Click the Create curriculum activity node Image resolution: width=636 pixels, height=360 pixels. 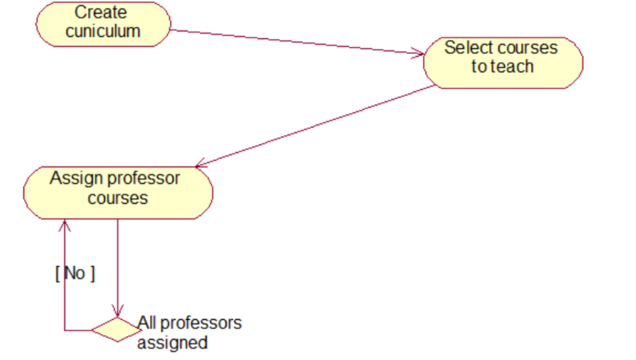(103, 23)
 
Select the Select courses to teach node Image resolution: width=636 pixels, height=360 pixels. (502, 63)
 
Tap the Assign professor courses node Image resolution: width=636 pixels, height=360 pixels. (118, 192)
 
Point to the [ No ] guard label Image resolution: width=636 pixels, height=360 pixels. (75, 273)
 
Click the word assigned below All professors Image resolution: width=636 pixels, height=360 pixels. (172, 343)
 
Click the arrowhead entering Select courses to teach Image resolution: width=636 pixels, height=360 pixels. (419, 54)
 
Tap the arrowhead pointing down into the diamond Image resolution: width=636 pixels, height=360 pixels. (118, 312)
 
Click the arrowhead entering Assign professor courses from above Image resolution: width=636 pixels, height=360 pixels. (200, 165)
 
